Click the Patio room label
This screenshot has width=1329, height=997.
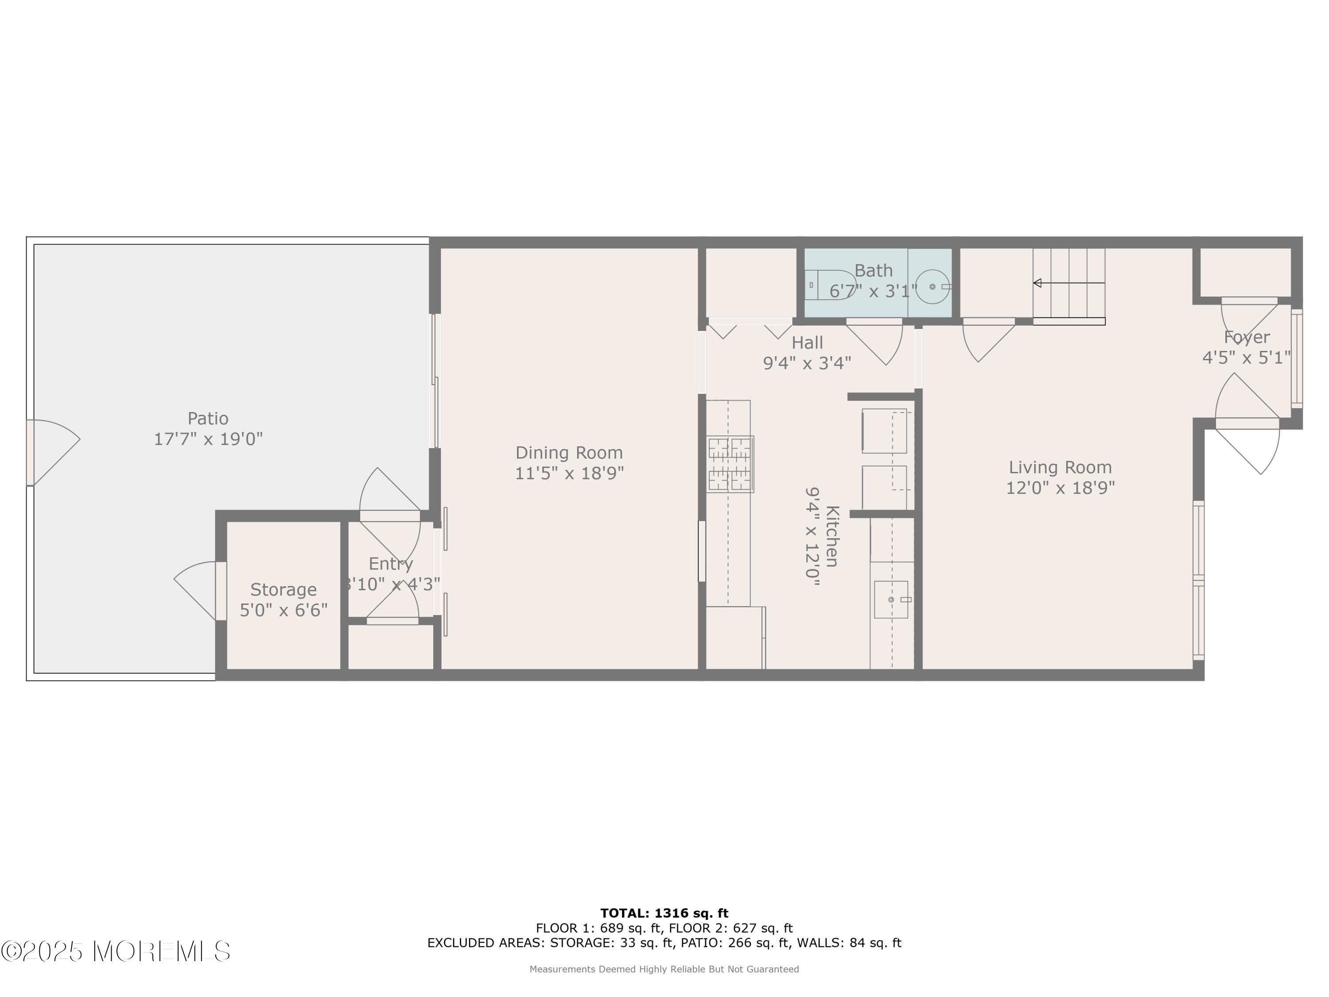pos(208,418)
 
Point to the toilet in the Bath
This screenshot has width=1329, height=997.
pos(831,285)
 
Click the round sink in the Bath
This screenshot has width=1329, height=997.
pos(932,287)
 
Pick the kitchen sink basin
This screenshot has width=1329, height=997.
pos(891,599)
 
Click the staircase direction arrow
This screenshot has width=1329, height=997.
pos(1069,283)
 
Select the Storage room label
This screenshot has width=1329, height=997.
pos(284,589)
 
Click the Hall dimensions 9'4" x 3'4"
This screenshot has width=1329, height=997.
pos(807,363)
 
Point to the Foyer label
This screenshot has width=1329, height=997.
pos(1247,337)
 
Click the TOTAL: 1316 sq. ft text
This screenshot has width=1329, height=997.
pos(664,913)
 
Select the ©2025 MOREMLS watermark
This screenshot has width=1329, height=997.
pos(115,951)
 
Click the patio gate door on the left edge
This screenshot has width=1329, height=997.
pos(53,452)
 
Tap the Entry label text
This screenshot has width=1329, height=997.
pos(391,564)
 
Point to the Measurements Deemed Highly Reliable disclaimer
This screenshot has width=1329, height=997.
pos(664,969)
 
